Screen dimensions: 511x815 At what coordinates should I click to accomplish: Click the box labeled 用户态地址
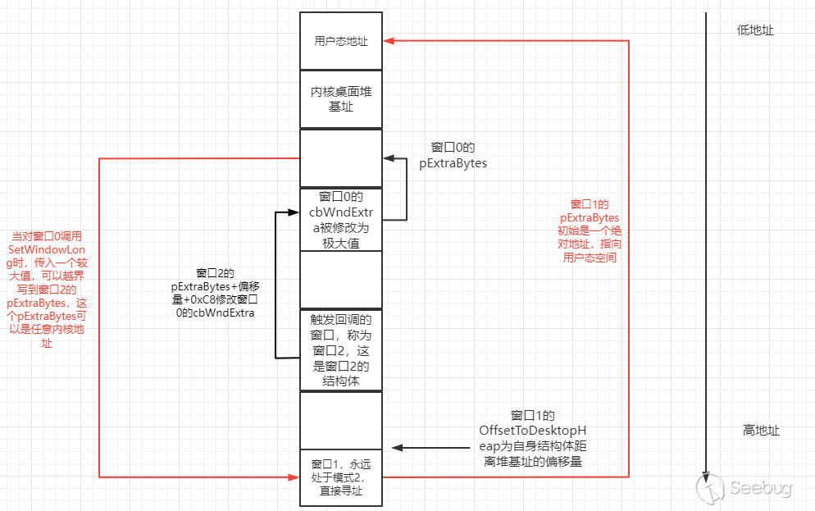(x=340, y=40)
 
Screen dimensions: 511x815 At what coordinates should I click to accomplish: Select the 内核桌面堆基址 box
(x=340, y=99)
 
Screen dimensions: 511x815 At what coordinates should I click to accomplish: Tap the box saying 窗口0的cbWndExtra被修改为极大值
(x=340, y=220)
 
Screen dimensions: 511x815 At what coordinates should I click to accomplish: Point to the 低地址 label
(x=754, y=30)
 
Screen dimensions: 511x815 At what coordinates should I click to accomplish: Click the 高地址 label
(x=760, y=431)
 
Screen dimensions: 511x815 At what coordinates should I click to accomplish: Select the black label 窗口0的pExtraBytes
(x=453, y=155)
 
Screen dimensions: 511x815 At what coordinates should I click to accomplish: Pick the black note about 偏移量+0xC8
(x=215, y=293)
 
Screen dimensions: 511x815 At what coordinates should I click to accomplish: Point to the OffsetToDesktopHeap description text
(x=533, y=439)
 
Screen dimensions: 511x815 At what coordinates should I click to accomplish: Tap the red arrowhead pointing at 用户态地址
(x=389, y=40)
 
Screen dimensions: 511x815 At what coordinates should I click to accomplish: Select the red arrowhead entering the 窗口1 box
(x=294, y=477)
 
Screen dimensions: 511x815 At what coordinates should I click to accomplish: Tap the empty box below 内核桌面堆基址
(x=340, y=158)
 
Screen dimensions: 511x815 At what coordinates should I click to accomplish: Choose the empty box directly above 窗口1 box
(x=340, y=420)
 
